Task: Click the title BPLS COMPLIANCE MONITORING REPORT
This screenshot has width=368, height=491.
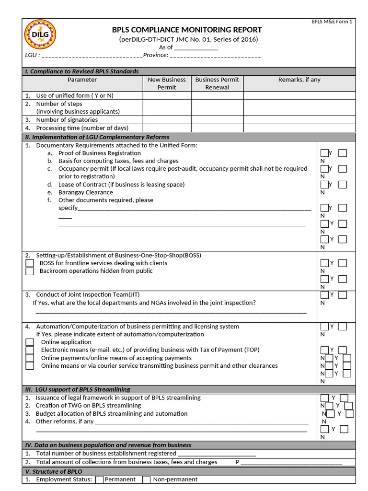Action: (187, 30)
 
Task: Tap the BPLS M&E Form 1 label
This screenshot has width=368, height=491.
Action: (332, 22)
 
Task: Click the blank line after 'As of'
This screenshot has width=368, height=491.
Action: (196, 47)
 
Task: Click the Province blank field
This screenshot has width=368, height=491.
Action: (215, 56)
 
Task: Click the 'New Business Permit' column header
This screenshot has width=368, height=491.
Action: (167, 83)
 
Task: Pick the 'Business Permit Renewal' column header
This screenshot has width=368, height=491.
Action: (217, 83)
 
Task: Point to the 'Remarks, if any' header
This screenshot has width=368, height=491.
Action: (299, 80)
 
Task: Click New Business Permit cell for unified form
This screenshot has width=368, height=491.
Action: (167, 95)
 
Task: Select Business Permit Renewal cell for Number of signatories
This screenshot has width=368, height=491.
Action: (217, 120)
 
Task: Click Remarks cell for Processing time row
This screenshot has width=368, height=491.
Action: (299, 128)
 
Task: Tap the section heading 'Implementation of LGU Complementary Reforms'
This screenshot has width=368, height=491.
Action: (101, 137)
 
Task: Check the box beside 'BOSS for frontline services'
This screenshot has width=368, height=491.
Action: (30, 263)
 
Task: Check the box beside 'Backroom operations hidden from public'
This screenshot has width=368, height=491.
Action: (30, 271)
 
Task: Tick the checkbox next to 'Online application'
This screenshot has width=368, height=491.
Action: (30, 342)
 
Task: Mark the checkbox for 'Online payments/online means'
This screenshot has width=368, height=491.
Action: (30, 358)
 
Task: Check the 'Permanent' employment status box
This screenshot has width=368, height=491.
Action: (99, 479)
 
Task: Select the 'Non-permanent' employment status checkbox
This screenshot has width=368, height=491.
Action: (147, 479)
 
